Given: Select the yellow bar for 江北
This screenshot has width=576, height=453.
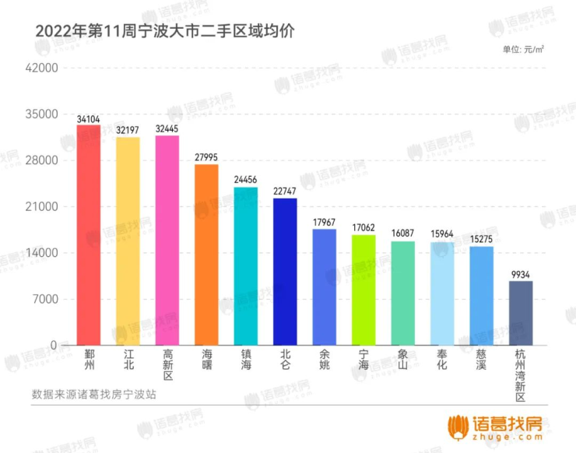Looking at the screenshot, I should [128, 241].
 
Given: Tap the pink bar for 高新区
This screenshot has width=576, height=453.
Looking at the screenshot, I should [167, 241].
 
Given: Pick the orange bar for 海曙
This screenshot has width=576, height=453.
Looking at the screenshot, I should [206, 255].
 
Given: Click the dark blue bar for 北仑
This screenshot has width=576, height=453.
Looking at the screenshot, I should [285, 272].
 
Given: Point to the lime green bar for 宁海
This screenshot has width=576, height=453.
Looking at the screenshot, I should [364, 290].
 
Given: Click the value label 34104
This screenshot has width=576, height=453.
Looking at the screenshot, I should [89, 119].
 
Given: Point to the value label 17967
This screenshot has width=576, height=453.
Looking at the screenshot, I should [325, 223].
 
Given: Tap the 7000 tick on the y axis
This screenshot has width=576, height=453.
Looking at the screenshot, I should [45, 300].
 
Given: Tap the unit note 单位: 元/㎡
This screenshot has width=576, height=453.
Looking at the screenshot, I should [523, 49].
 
